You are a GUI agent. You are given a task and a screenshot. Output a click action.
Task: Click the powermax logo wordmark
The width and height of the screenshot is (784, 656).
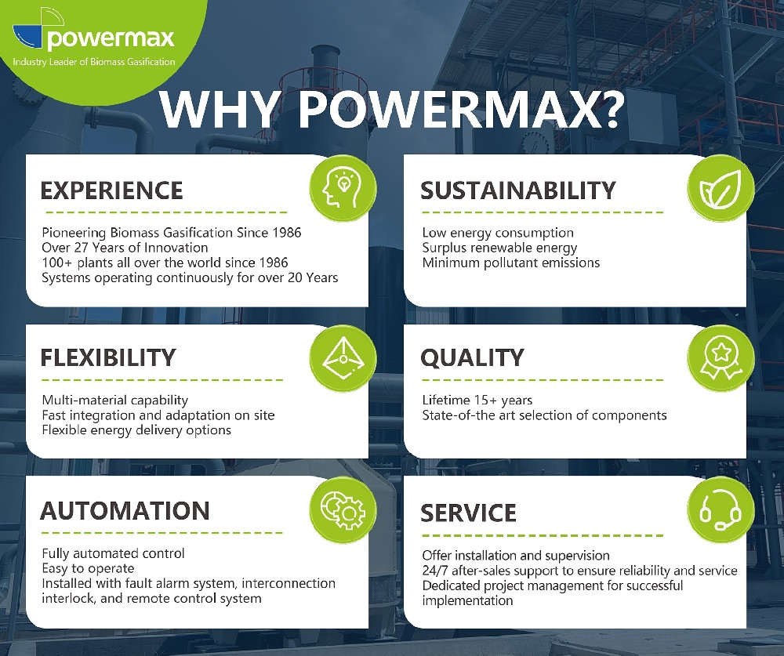coord(111,38)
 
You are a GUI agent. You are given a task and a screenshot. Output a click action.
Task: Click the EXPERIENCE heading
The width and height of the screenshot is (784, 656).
coord(111,190)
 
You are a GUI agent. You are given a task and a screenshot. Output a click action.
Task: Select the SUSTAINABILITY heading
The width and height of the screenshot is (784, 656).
coord(518,190)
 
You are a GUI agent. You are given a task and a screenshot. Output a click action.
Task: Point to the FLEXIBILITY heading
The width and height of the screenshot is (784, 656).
coord(108,358)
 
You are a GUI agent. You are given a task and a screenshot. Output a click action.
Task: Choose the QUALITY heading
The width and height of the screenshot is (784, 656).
coord(472,358)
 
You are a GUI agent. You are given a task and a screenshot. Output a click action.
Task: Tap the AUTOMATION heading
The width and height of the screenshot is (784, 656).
coord(125,511)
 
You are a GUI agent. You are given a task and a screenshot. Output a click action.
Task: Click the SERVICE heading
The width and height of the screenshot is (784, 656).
coord(468,513)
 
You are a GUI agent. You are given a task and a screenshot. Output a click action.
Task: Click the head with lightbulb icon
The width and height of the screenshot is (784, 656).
coord(343,188)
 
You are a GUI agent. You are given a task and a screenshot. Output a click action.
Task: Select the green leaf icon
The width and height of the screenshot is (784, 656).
coord(720,189)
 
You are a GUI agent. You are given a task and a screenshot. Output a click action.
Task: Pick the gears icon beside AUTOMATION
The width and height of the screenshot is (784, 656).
coord(343,509)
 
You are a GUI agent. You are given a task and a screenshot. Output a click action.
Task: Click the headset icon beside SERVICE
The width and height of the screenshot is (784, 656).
coord(720,510)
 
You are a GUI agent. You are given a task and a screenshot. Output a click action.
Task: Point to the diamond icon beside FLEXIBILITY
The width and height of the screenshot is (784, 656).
coord(343,358)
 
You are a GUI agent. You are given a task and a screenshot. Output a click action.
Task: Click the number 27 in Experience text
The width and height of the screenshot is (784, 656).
coord(81,248)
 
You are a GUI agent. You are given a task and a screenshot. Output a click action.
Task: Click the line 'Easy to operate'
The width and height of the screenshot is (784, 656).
coord(88,569)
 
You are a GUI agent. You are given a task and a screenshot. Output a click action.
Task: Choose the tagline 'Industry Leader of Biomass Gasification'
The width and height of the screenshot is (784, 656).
coord(94,62)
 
